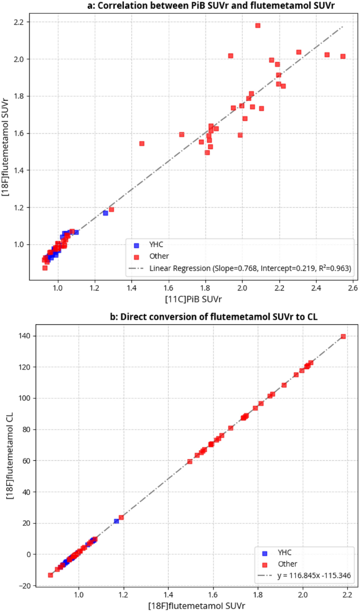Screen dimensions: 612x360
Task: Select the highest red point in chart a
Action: [x=258, y=25]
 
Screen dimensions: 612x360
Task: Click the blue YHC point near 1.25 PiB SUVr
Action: [x=105, y=213]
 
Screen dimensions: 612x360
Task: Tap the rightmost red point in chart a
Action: [x=343, y=56]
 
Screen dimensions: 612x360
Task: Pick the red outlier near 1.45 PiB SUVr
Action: [x=141, y=143]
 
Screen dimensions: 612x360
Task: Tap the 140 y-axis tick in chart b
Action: [x=24, y=336]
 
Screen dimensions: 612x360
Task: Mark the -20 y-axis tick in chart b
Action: [x=24, y=585]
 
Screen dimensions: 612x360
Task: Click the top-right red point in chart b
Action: [x=343, y=336]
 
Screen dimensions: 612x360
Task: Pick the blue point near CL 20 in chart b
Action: [x=116, y=521]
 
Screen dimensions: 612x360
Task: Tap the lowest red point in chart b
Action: [x=50, y=575]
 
